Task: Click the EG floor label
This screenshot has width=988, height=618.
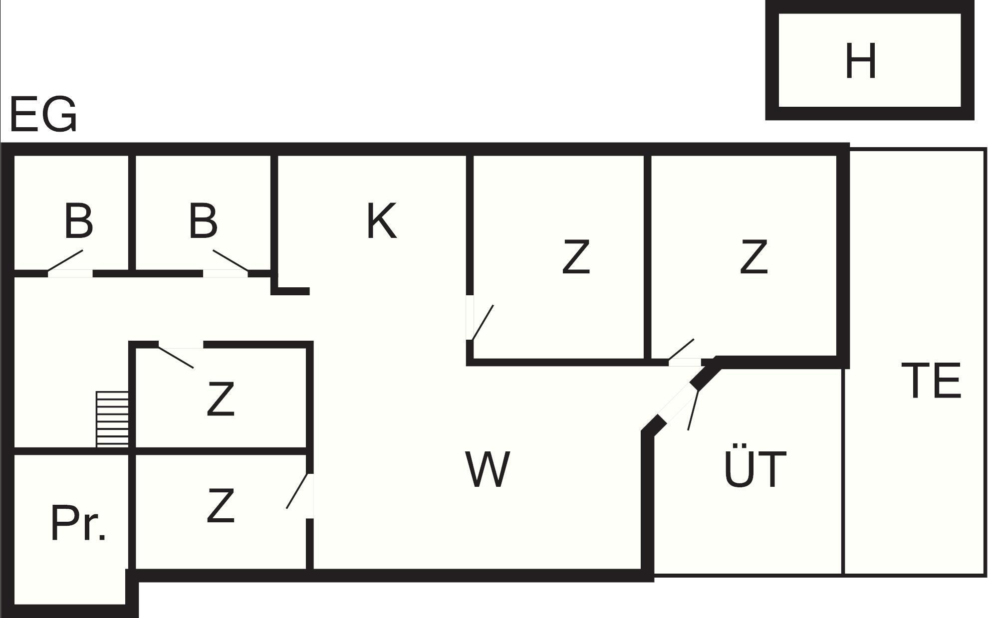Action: (x=43, y=115)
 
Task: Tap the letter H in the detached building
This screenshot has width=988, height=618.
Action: (x=861, y=61)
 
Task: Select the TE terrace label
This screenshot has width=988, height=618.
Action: (x=931, y=381)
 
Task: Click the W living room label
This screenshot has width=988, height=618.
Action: (x=488, y=469)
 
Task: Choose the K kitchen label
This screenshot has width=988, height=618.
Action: (x=382, y=221)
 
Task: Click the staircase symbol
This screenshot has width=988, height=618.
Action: (x=112, y=419)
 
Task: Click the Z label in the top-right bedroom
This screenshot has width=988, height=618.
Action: (x=753, y=256)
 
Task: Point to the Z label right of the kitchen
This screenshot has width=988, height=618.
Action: (x=576, y=256)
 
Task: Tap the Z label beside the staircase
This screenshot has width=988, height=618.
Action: (x=221, y=399)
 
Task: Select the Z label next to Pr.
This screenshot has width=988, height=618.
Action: (x=221, y=506)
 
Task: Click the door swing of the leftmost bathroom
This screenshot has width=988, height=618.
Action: (x=65, y=261)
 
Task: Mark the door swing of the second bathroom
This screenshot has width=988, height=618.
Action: (x=230, y=260)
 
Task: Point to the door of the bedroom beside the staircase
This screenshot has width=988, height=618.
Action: (x=176, y=357)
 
